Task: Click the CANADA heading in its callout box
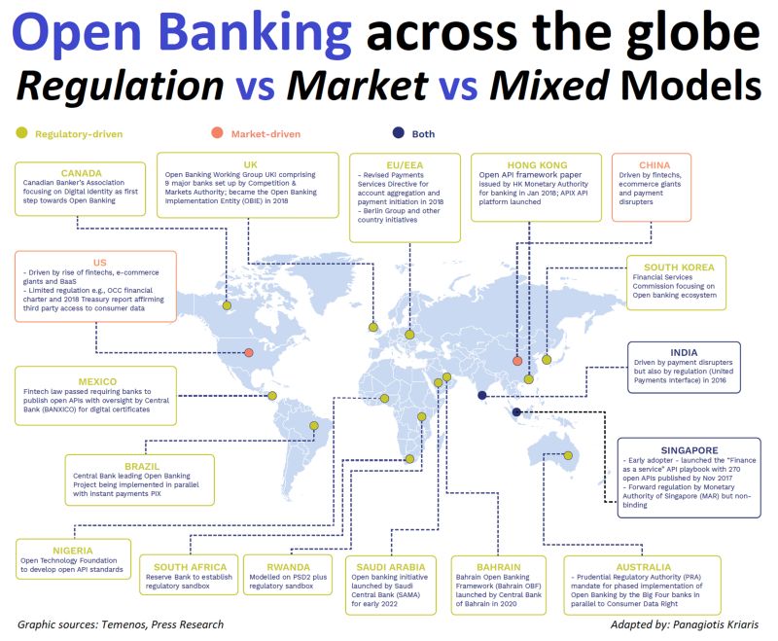[82, 173]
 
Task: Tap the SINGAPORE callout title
[690, 450]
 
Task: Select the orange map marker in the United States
[249, 353]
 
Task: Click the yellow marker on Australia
[568, 455]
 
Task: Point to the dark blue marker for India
[481, 396]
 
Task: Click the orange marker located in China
[517, 361]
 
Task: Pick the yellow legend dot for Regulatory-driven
[21, 133]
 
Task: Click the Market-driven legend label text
[265, 134]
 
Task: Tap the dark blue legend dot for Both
[399, 133]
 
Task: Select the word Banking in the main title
[256, 32]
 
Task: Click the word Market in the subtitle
[357, 86]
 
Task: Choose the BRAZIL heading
[142, 466]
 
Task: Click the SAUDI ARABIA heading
[391, 567]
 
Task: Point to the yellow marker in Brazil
[314, 426]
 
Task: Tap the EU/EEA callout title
[405, 165]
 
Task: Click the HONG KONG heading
[537, 165]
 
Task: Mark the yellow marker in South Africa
[409, 459]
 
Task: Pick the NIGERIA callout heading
[73, 551]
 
